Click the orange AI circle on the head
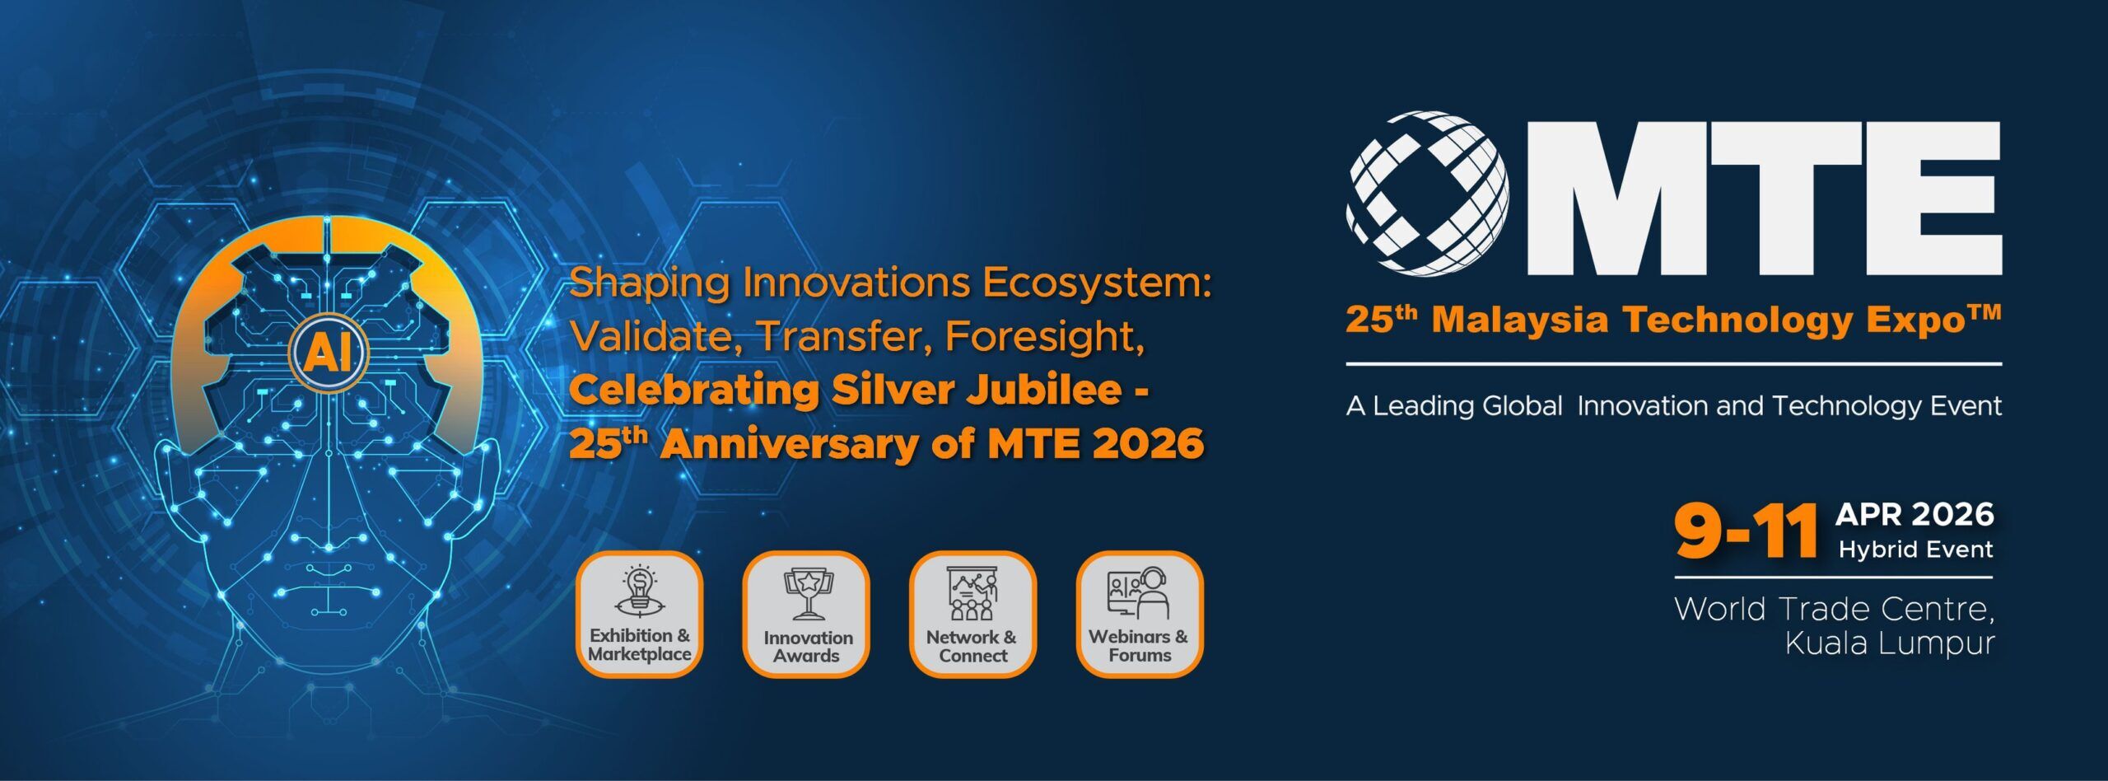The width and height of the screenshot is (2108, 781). (x=329, y=353)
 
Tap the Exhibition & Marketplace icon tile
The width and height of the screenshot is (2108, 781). (x=639, y=614)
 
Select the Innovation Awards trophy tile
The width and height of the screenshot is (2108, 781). (x=806, y=614)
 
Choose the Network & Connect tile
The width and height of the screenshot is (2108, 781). (x=972, y=614)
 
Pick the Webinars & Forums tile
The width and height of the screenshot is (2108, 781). (x=1140, y=614)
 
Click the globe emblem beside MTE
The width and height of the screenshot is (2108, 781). (x=1428, y=194)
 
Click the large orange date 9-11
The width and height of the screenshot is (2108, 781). (x=1746, y=531)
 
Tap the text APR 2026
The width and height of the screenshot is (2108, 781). (x=1915, y=515)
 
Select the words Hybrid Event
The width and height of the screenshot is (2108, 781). (x=1916, y=550)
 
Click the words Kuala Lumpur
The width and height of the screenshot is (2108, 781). (x=1890, y=643)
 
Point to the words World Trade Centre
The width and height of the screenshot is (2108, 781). (x=1835, y=609)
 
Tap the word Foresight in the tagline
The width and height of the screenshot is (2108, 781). (x=1045, y=336)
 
